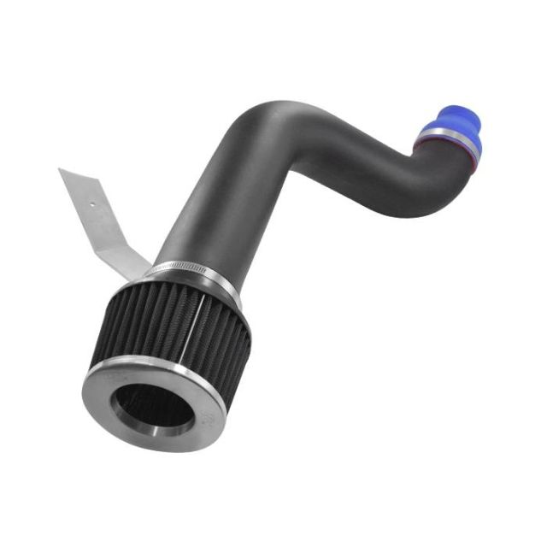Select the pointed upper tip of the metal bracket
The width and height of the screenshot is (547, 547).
62,170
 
